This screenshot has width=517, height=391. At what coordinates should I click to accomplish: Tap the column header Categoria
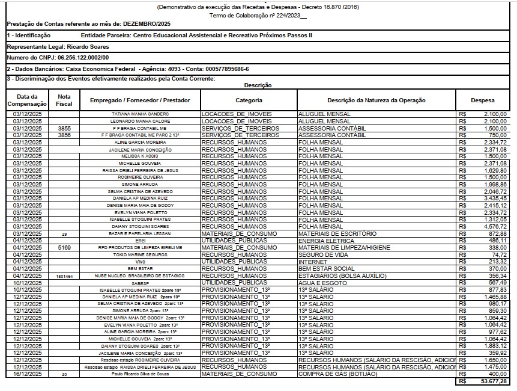(248, 100)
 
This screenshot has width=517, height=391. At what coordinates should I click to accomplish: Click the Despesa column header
(483, 100)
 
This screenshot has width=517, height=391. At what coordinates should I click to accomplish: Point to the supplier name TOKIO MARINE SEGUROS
(140, 254)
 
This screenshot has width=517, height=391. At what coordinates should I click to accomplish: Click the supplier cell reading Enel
(140, 241)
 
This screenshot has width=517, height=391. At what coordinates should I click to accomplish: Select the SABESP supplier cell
(140, 282)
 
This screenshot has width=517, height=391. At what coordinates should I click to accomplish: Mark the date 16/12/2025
(27, 374)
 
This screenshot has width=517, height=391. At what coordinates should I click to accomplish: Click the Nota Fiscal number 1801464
(64, 276)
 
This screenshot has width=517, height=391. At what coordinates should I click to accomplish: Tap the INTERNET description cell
(315, 262)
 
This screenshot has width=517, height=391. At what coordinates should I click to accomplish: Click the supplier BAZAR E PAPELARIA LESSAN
(140, 233)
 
